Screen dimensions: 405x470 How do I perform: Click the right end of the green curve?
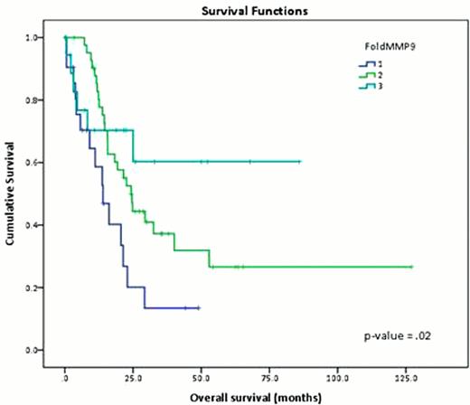(411, 267)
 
